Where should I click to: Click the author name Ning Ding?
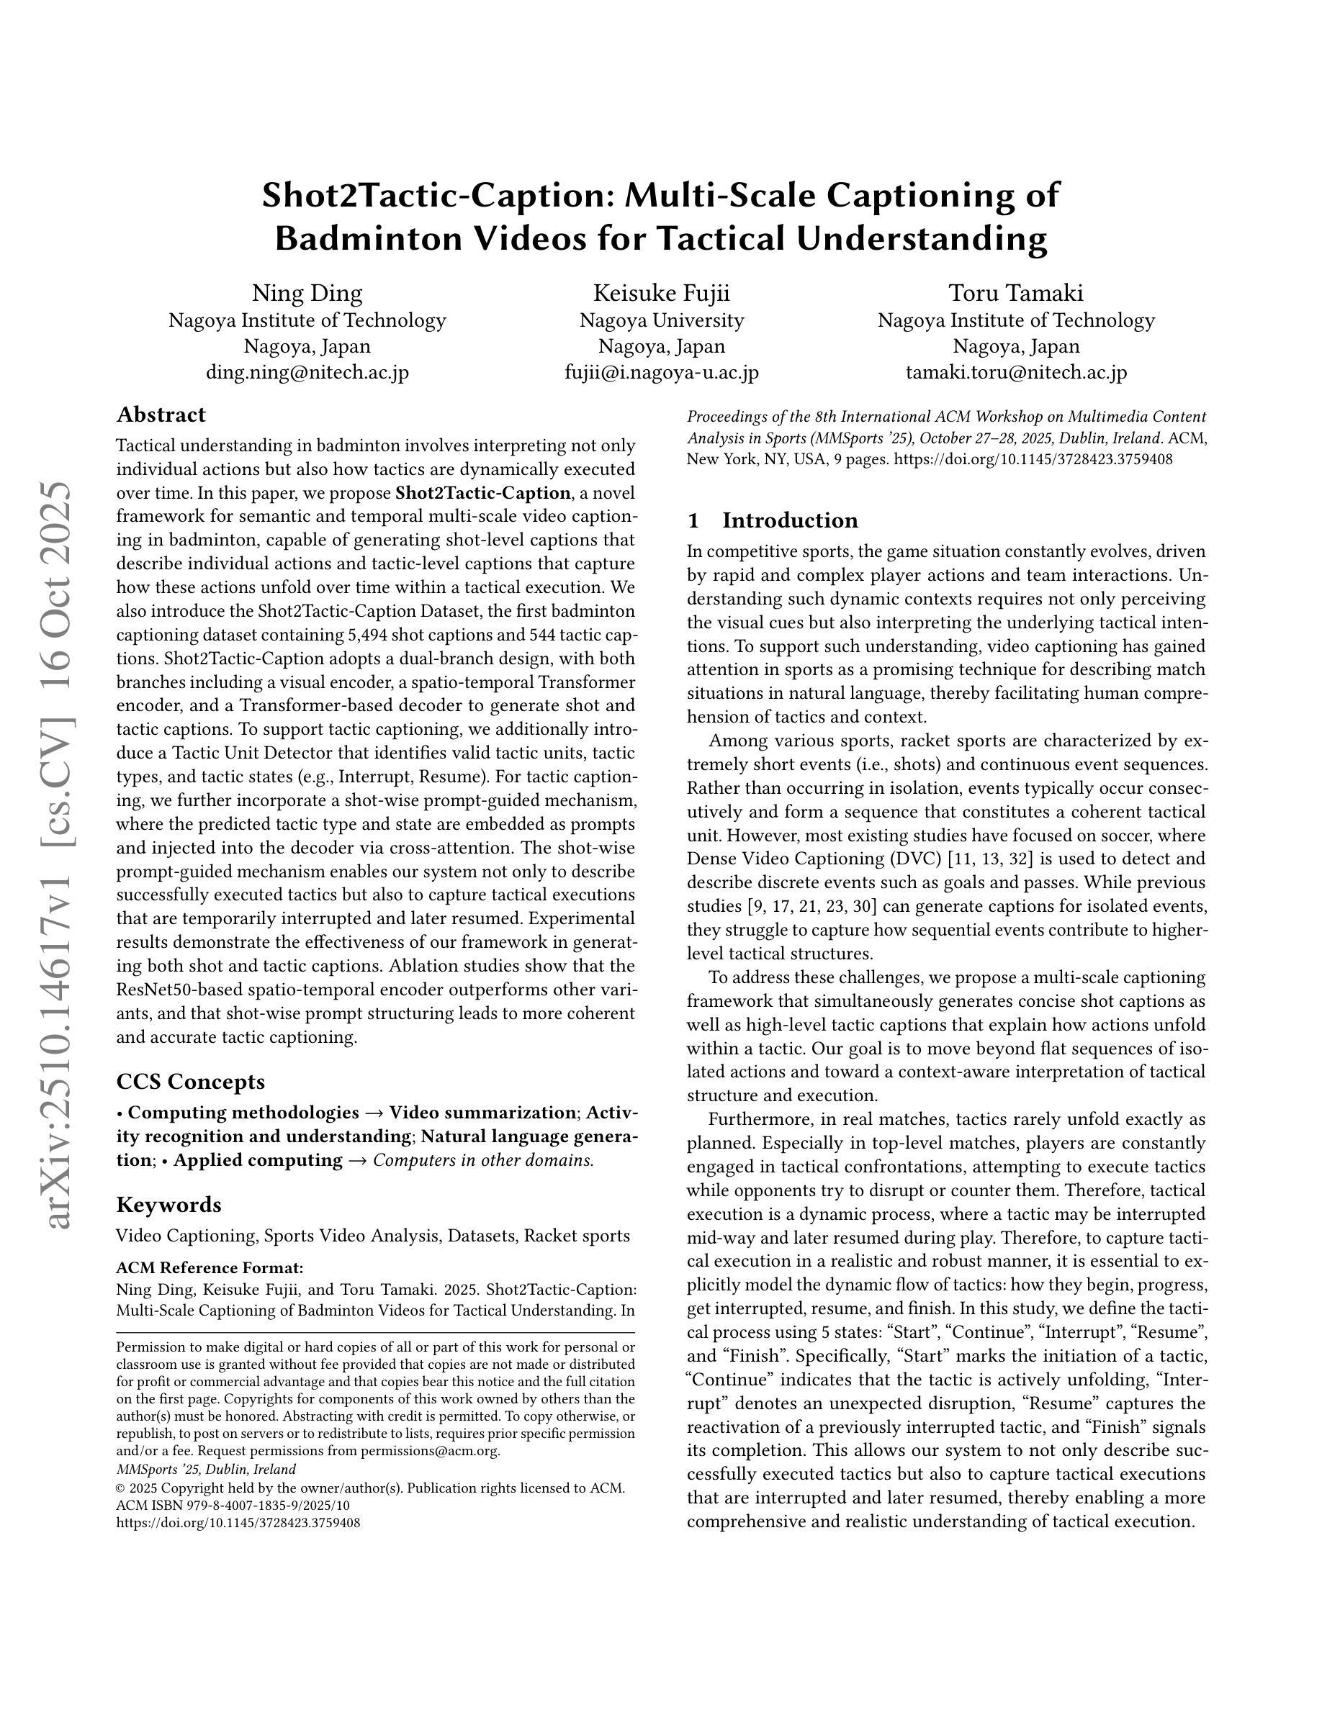[x=307, y=293]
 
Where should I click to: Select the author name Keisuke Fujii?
[x=661, y=293]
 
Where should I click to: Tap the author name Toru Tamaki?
[x=1016, y=293]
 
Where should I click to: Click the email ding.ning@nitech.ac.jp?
[x=307, y=372]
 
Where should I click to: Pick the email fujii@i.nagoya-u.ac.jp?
[x=661, y=372]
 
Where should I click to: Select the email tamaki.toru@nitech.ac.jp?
[x=1016, y=372]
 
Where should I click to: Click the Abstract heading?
[x=161, y=415]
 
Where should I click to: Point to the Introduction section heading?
[x=789, y=520]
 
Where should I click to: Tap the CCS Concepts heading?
[x=190, y=1081]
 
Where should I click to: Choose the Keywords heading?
[x=168, y=1204]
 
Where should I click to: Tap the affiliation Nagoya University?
[x=661, y=320]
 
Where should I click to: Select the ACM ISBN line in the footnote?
[x=233, y=1506]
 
